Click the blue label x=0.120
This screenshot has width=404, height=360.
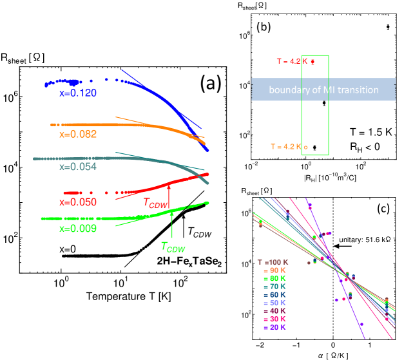(78, 93)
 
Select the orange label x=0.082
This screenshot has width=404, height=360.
(78, 135)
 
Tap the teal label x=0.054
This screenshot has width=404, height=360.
(78, 167)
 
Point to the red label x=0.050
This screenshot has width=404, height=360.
(78, 202)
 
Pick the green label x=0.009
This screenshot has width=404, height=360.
(78, 229)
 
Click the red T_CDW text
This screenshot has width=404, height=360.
(156, 204)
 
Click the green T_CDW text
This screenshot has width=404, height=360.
(172, 247)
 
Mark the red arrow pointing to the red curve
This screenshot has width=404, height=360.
(168, 191)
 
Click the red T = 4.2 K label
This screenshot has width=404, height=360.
(295, 62)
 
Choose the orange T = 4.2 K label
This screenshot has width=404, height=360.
(289, 147)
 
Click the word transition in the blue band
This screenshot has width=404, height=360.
(358, 90)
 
